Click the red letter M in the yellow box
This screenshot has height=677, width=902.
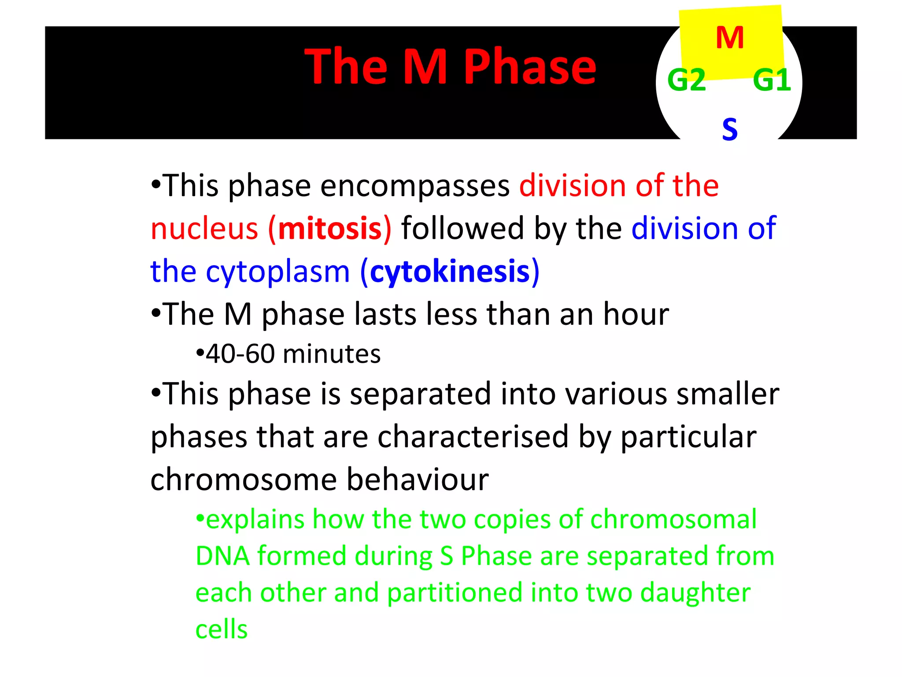[x=730, y=38]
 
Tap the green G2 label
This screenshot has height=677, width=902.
[x=687, y=80]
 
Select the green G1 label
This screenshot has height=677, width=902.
[x=772, y=80]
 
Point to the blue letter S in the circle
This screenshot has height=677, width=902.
[x=730, y=130]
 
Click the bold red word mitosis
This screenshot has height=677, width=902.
[x=330, y=229]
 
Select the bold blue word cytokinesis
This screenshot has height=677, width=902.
[x=450, y=272]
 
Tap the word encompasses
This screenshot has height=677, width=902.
[x=415, y=186]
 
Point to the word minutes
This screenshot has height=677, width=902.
[x=332, y=354]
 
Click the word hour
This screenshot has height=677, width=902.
[x=636, y=314]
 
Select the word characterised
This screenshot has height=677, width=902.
[x=473, y=437]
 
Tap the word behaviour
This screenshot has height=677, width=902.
[x=418, y=480]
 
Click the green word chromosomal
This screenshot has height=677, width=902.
[x=673, y=520]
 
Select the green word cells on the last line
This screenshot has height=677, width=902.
[x=222, y=629]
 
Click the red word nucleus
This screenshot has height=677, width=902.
[x=204, y=229]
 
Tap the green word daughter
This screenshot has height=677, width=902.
[x=695, y=593]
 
